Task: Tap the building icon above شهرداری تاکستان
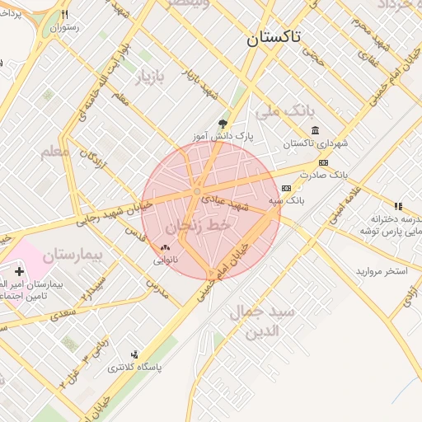point(316,130)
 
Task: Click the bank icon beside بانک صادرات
point(323,162)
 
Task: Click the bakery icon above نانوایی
point(165,246)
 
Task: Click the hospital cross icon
point(19,271)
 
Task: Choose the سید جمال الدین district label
point(268,321)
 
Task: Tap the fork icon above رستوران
point(64,14)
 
